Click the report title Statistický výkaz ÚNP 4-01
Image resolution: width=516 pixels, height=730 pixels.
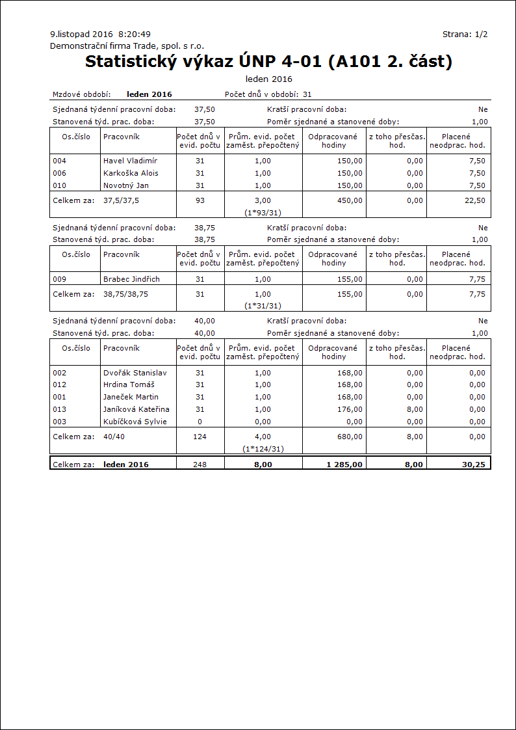268,62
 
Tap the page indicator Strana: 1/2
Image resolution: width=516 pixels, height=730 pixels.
465,34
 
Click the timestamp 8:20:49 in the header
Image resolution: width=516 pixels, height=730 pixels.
135,34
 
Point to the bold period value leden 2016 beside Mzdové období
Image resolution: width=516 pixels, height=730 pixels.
149,94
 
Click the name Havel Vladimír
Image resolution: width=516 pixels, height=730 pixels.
130,161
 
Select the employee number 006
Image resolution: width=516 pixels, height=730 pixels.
60,173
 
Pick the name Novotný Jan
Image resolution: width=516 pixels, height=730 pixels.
126,185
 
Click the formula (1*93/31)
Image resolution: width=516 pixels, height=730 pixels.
263,212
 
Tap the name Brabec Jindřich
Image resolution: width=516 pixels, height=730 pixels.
131,279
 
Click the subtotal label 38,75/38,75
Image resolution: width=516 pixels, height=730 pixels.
130,294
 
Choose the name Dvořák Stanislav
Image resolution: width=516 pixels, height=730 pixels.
135,373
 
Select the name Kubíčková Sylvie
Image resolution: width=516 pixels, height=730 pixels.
135,422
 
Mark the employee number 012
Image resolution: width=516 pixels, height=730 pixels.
60,385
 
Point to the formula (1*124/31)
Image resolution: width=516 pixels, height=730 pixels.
263,448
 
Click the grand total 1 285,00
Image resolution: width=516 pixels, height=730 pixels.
344,465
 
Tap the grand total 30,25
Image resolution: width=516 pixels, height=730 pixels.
474,465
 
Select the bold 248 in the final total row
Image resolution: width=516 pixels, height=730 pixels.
200,465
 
